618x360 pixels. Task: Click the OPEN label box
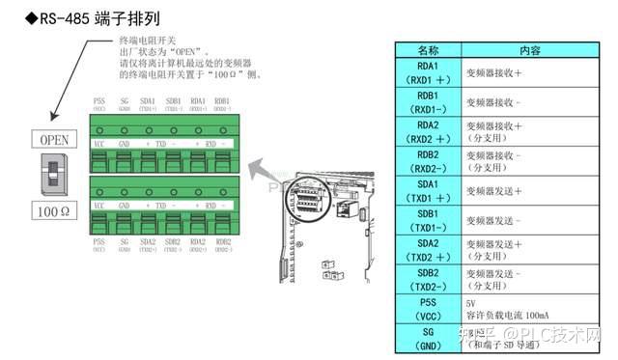53,140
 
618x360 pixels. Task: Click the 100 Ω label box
53,209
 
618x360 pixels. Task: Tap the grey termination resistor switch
53,175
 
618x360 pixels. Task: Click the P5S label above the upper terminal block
99,99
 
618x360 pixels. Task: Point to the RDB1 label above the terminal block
222,99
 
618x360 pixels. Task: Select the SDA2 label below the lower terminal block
148,242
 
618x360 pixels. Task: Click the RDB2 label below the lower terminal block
222,242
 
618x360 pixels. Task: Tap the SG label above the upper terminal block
124,99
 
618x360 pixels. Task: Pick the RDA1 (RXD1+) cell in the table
428,72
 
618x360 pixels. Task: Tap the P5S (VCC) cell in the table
428,309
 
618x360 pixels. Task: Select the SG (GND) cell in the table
428,338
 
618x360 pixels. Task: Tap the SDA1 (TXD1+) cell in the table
428,190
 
